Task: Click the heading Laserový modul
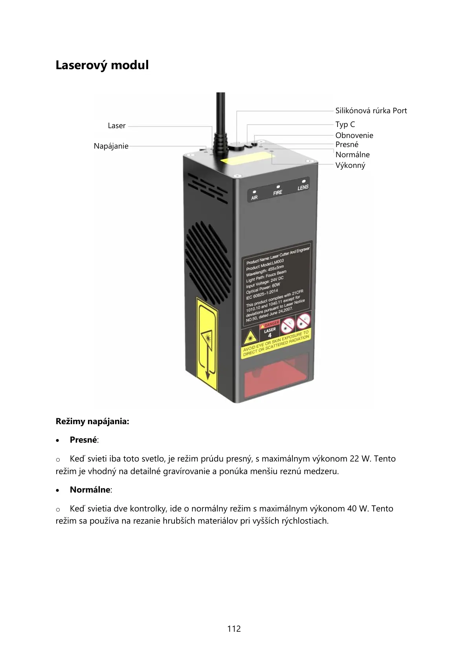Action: coord(102,65)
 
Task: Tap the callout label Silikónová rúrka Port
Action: coord(371,110)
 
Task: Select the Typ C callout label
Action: coord(345,124)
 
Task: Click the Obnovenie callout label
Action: coord(354,135)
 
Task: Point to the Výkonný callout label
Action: coord(350,165)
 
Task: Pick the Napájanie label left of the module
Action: coord(111,146)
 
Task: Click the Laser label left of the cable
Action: coord(117,125)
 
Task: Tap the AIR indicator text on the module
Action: coord(254,197)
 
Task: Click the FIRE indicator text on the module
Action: coord(278,193)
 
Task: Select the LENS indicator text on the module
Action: coord(303,188)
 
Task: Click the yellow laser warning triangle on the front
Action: coord(250,337)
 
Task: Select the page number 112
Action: coord(234,629)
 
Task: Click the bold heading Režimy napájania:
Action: coord(92,421)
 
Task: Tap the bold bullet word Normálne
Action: coord(90,489)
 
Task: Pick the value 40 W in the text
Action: coord(358,508)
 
